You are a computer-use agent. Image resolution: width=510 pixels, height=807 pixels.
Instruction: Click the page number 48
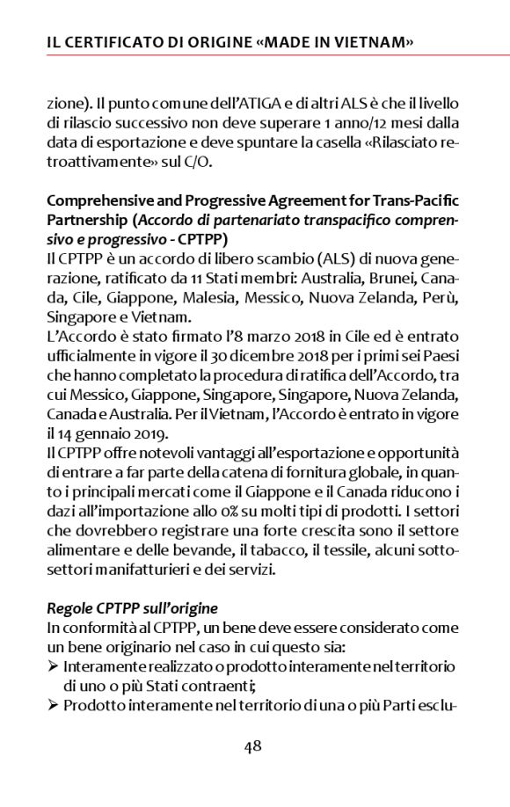pyautogui.click(x=253, y=746)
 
